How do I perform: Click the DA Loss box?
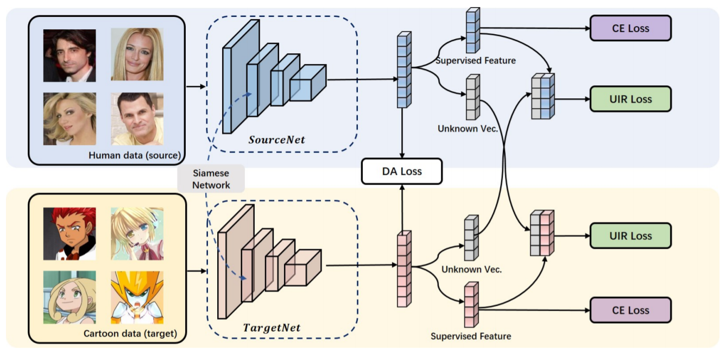(x=402, y=172)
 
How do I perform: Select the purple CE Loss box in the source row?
(x=630, y=28)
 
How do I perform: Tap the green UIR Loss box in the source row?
(x=630, y=99)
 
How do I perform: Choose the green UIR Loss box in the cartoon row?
(x=630, y=236)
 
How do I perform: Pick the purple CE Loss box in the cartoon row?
(x=630, y=311)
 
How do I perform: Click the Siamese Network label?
(x=211, y=179)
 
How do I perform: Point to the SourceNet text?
(x=276, y=140)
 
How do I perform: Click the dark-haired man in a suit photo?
(x=69, y=55)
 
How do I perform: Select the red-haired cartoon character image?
(x=69, y=233)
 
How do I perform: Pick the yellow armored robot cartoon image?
(x=137, y=297)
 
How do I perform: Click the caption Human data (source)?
(x=134, y=155)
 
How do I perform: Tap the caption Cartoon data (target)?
(x=130, y=333)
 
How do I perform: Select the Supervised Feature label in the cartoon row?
(x=471, y=336)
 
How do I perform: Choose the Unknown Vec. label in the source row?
(x=467, y=129)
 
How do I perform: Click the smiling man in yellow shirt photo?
(x=137, y=119)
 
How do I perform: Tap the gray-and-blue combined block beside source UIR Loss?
(x=543, y=96)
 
